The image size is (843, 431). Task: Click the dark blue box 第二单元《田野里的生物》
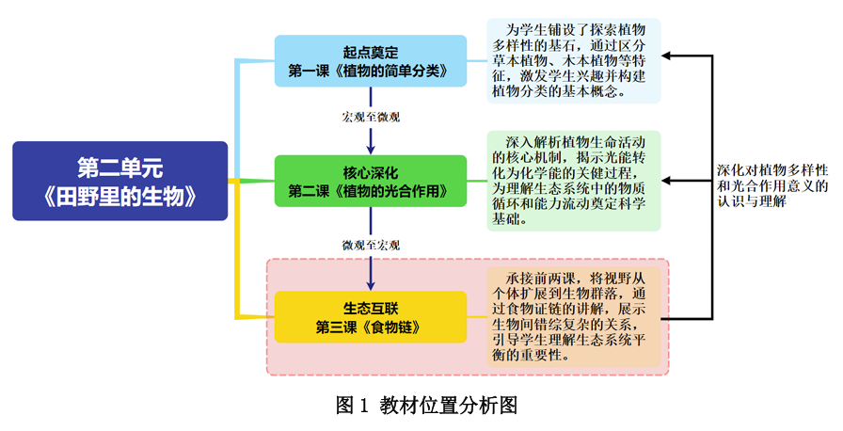point(120,181)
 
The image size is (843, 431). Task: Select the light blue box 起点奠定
point(371,60)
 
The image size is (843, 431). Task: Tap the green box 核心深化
point(371,182)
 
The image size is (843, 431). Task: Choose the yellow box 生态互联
point(371,316)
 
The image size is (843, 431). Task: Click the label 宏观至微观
point(371,118)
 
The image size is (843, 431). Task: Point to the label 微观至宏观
point(371,244)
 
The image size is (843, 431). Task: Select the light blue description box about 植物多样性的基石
point(574,60)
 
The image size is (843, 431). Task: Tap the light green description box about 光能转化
point(574,181)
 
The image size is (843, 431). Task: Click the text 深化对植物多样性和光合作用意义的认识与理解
point(771,186)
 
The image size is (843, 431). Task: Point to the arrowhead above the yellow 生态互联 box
point(371,282)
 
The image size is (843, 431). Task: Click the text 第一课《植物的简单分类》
point(371,71)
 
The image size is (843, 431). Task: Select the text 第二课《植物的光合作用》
point(371,192)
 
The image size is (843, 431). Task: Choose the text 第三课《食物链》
point(371,327)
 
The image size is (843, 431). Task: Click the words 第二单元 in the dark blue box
point(120,168)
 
